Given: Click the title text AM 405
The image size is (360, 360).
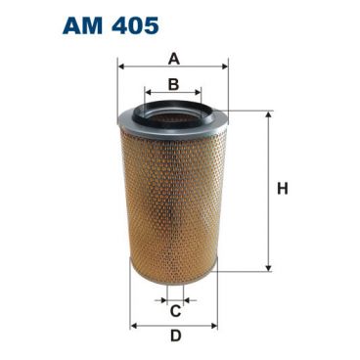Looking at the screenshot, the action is [111, 25].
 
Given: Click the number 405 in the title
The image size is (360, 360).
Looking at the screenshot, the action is [135, 25].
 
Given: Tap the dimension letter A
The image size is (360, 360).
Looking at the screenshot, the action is [174, 60].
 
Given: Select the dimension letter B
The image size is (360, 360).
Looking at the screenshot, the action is [173, 84].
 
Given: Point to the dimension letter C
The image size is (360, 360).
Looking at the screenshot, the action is [175, 311].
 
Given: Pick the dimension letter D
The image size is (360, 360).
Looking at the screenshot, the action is [175, 336].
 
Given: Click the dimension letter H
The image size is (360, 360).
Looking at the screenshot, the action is [283, 189].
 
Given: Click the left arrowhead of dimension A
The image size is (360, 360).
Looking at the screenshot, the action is [121, 67].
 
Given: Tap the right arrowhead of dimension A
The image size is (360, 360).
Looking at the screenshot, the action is [224, 67].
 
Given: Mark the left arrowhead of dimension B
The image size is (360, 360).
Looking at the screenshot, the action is [149, 92].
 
